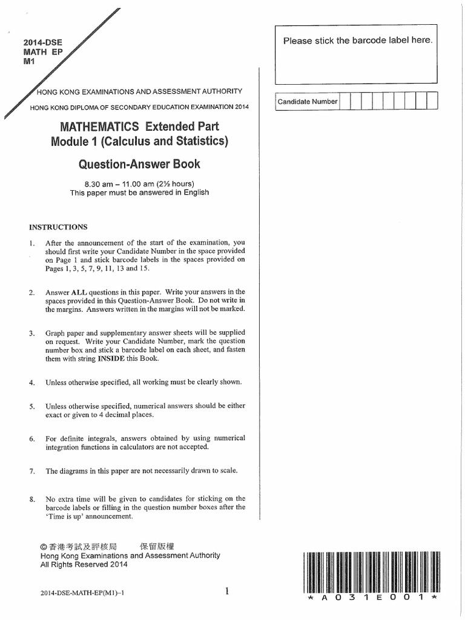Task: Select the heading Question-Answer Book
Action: pyautogui.click(x=139, y=163)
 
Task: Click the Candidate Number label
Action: pyautogui.click(x=308, y=102)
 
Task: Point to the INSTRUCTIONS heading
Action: pyautogui.click(x=58, y=227)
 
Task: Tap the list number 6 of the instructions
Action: pyautogui.click(x=31, y=438)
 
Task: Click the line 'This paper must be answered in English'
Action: pyautogui.click(x=139, y=193)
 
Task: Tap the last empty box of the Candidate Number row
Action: pyautogui.click(x=432, y=102)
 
